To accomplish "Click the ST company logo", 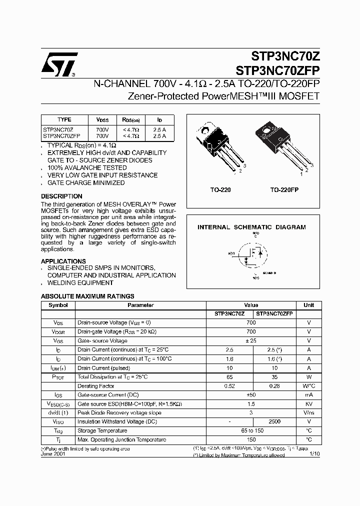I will [59, 64].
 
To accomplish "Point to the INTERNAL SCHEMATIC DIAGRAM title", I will [251, 227].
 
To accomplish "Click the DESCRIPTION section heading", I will [61, 196].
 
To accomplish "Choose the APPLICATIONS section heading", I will [63, 261].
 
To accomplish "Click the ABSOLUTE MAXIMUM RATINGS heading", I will [87, 296].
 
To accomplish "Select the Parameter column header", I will [140, 305].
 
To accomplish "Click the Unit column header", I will [308, 305].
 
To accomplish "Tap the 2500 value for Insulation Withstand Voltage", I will [274, 421].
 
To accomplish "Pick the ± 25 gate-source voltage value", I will [251, 340].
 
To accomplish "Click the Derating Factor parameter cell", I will [96, 385].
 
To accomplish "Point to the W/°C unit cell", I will [308, 385].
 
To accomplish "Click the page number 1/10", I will [314, 454].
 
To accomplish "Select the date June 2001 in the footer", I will [52, 454].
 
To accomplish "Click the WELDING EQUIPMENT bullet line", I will [80, 283].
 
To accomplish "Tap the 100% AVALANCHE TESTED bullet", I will [87, 168].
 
